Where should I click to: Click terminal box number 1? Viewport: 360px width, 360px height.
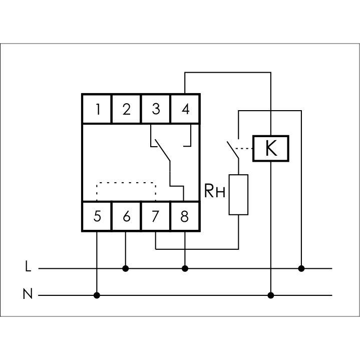point(97,109)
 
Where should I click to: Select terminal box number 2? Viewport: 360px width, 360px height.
point(126,109)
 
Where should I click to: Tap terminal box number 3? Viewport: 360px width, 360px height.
point(156,109)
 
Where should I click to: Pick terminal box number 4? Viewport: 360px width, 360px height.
point(185,109)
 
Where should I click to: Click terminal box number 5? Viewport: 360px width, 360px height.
point(97,216)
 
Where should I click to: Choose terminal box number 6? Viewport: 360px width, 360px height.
point(126,216)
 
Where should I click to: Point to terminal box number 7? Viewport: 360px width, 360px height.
point(156,216)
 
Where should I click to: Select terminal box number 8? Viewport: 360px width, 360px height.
point(185,216)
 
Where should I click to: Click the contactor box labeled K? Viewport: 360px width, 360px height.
point(271,149)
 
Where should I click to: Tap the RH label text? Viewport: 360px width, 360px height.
point(214,191)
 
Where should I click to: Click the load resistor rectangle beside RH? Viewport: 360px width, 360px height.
point(239,195)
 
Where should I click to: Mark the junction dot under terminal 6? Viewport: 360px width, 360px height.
point(126,268)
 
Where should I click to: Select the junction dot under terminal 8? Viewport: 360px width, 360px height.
point(185,268)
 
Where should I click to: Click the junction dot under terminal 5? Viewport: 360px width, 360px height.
point(97,295)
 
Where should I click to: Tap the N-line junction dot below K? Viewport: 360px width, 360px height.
point(271,295)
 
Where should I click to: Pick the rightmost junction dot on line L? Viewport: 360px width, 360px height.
point(301,268)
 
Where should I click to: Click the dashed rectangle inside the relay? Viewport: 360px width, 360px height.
point(126,191)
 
